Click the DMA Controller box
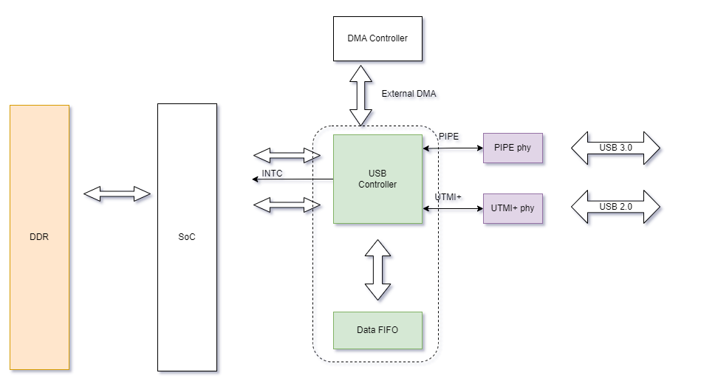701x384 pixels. [x=377, y=38]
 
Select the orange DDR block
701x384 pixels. [x=39, y=237]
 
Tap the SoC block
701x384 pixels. [x=187, y=237]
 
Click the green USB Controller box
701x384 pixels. [x=377, y=179]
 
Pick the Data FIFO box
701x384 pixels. [x=377, y=330]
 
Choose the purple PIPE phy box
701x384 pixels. [x=512, y=148]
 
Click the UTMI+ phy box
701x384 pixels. [x=512, y=208]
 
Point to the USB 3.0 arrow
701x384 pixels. [x=615, y=148]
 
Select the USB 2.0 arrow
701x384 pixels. [x=615, y=207]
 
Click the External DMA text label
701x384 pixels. [x=408, y=94]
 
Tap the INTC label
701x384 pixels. [x=273, y=174]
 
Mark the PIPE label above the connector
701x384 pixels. [x=448, y=137]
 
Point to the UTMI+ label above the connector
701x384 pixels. [x=448, y=197]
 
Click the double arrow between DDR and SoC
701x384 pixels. [x=117, y=193]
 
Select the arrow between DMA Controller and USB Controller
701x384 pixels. [x=362, y=94]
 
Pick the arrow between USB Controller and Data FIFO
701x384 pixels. [x=377, y=269]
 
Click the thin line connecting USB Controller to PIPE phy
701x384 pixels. [x=453, y=148]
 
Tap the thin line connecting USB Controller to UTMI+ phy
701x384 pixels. [x=453, y=208]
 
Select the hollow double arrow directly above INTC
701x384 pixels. [x=287, y=155]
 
